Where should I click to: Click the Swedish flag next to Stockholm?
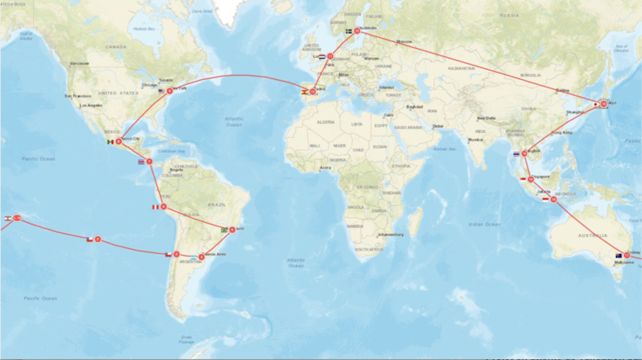[x=349, y=31]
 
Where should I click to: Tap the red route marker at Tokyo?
[x=603, y=103]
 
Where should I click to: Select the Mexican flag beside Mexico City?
[x=109, y=141]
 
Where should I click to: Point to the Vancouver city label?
[x=79, y=63]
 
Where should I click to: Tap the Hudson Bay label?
[x=144, y=29]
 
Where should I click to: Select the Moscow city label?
[x=405, y=41]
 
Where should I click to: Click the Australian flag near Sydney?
[x=618, y=256]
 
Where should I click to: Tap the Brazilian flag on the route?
[x=224, y=230]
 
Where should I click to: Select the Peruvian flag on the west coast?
[x=155, y=206]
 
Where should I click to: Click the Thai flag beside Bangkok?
[x=515, y=154]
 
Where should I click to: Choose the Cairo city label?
[x=388, y=114]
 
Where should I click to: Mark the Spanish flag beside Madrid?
[x=304, y=92]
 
